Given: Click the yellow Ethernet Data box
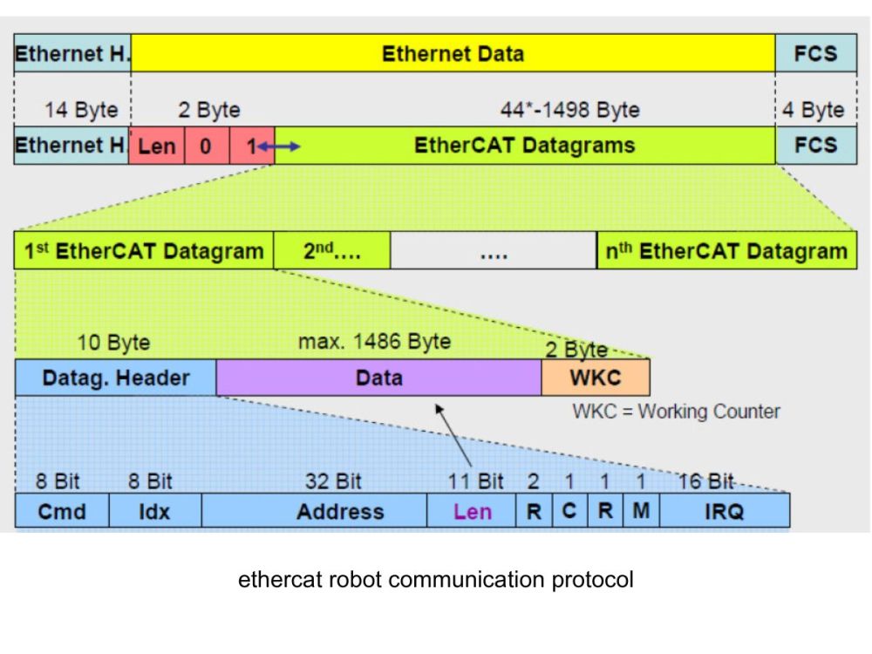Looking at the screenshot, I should (x=453, y=54).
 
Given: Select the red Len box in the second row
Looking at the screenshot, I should (x=157, y=146).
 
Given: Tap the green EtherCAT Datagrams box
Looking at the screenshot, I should (x=524, y=146).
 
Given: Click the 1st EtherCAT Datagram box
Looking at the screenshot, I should (x=144, y=252).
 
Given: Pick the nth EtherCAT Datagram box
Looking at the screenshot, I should (x=726, y=252).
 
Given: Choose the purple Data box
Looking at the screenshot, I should (x=379, y=378).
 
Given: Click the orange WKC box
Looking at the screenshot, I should (x=596, y=378).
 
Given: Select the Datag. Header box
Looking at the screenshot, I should (x=116, y=378).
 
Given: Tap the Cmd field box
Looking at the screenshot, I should (x=62, y=511).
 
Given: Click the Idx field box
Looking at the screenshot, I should (x=155, y=511).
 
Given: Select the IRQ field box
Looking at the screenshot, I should (x=724, y=511).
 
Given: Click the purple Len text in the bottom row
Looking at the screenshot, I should (x=472, y=512).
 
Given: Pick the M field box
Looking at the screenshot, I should (x=641, y=511).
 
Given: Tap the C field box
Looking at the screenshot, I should (x=569, y=511).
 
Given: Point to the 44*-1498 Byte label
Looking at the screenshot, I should (x=569, y=111).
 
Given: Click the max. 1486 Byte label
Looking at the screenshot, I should (x=375, y=342).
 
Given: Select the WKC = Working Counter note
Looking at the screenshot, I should (x=676, y=412).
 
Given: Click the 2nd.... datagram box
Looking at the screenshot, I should (x=332, y=252).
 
